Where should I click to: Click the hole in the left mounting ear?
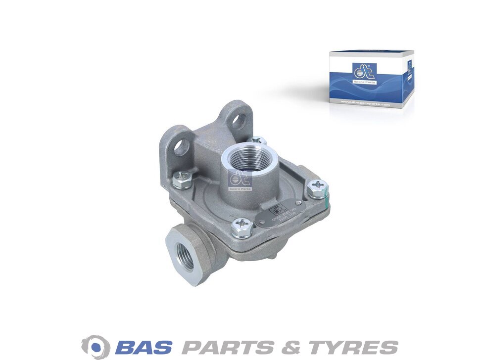182,147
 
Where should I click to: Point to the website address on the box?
365,104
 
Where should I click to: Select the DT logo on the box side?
409,68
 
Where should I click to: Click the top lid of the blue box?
371,52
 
